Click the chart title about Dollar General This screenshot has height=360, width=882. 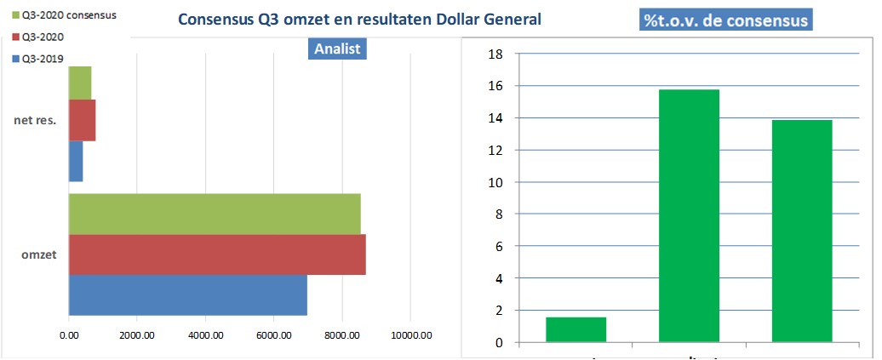(x=358, y=18)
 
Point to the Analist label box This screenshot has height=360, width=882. (x=337, y=49)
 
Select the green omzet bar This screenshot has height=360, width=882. (x=214, y=214)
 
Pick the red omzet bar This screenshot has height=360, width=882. (x=216, y=254)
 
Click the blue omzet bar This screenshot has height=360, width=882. (x=187, y=294)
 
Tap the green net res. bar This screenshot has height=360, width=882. (x=79, y=82)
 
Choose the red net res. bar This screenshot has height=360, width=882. (x=82, y=120)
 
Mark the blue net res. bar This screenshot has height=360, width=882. (x=75, y=161)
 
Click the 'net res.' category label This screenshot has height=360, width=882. (x=35, y=120)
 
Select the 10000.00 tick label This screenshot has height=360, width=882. (x=411, y=336)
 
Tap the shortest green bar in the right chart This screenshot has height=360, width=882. (x=576, y=329)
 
